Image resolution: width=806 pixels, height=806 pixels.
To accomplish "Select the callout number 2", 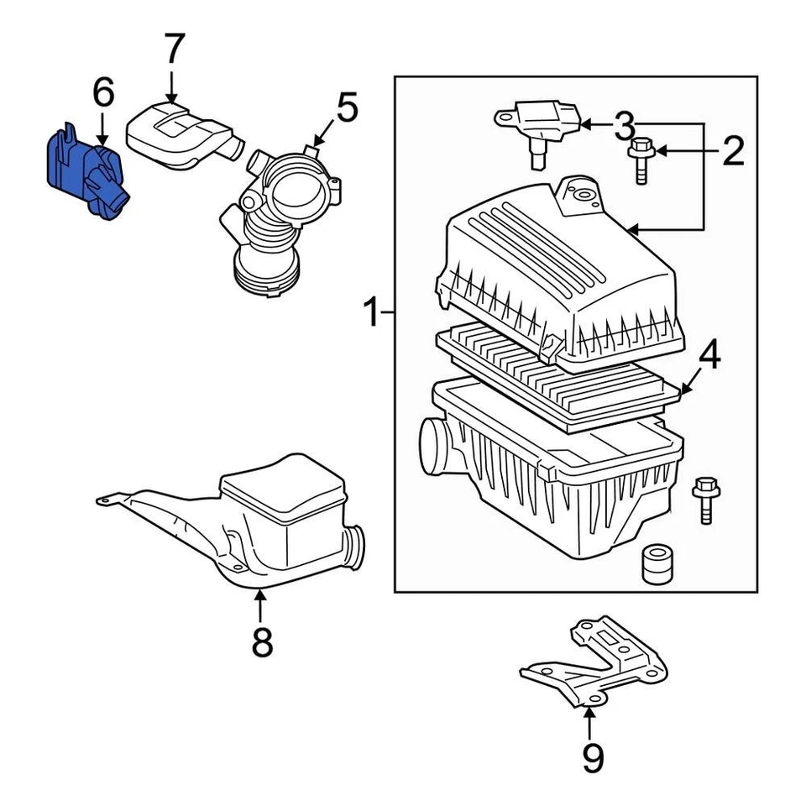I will click(732, 151).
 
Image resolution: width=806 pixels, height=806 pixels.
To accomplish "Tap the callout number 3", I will click(623, 125).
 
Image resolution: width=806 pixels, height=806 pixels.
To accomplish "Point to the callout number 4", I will click(709, 355).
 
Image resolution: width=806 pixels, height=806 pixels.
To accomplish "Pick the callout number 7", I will click(172, 50).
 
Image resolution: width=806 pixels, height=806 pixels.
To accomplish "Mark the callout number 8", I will click(261, 642).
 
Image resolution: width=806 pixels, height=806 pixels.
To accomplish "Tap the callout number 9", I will click(593, 758).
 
